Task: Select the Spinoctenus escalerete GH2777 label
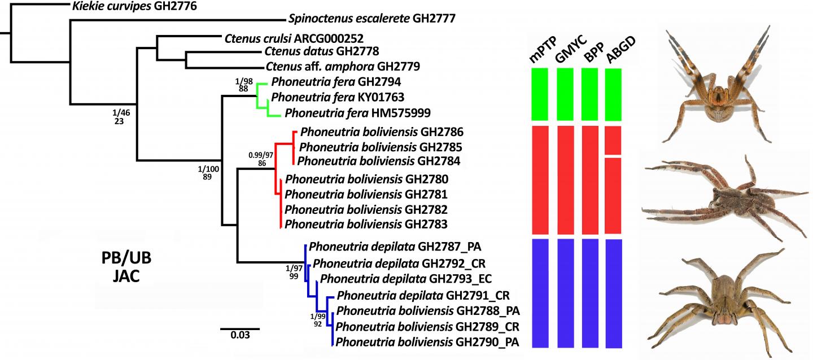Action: (x=371, y=19)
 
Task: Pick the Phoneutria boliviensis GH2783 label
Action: (x=366, y=225)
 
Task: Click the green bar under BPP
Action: (x=590, y=94)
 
